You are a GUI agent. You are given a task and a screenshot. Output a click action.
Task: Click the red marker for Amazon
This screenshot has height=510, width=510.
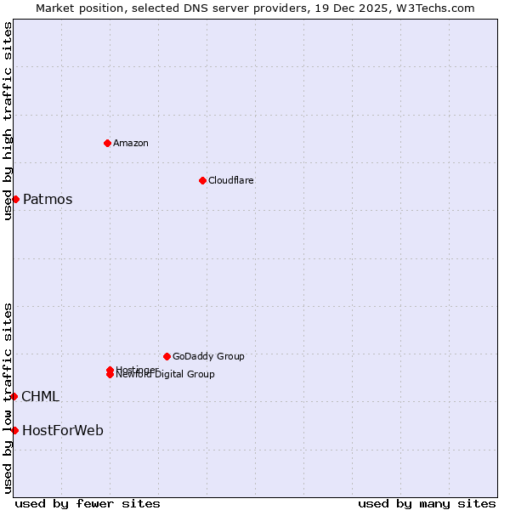(x=107, y=143)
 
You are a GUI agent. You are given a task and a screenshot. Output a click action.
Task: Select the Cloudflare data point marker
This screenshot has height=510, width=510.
(x=202, y=180)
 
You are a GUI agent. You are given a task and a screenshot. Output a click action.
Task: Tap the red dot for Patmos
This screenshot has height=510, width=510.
(x=15, y=199)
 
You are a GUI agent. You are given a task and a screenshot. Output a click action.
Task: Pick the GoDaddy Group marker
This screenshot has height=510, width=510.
(x=167, y=356)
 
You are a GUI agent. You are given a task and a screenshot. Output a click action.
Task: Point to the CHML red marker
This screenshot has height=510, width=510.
(x=14, y=396)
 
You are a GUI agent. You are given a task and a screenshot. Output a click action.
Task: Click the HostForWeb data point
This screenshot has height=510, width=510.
(x=14, y=430)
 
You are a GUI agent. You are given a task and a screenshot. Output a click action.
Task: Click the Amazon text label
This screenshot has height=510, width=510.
(x=131, y=143)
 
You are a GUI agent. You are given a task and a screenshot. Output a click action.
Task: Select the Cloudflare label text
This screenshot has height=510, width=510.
(x=231, y=180)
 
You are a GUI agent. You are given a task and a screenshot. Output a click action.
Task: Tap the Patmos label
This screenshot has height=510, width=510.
(x=48, y=200)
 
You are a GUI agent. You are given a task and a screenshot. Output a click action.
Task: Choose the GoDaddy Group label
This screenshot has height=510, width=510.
(x=208, y=356)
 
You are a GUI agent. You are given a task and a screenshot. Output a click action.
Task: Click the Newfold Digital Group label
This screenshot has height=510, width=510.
(x=166, y=374)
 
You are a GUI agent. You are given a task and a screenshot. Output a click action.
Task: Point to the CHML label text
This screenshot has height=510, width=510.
(x=40, y=397)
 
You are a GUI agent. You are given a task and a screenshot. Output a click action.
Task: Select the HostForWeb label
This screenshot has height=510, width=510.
(x=63, y=431)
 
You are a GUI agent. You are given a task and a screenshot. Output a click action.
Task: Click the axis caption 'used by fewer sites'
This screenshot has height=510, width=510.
(x=88, y=503)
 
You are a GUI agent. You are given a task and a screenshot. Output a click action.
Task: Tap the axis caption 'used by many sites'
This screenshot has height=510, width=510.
(x=427, y=503)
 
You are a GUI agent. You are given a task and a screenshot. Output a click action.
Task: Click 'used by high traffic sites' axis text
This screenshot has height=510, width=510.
(x=8, y=121)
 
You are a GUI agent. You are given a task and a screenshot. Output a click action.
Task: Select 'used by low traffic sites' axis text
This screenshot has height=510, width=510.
(x=8, y=398)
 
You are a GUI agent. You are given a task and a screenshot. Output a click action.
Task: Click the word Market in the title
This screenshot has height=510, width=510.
(x=55, y=8)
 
